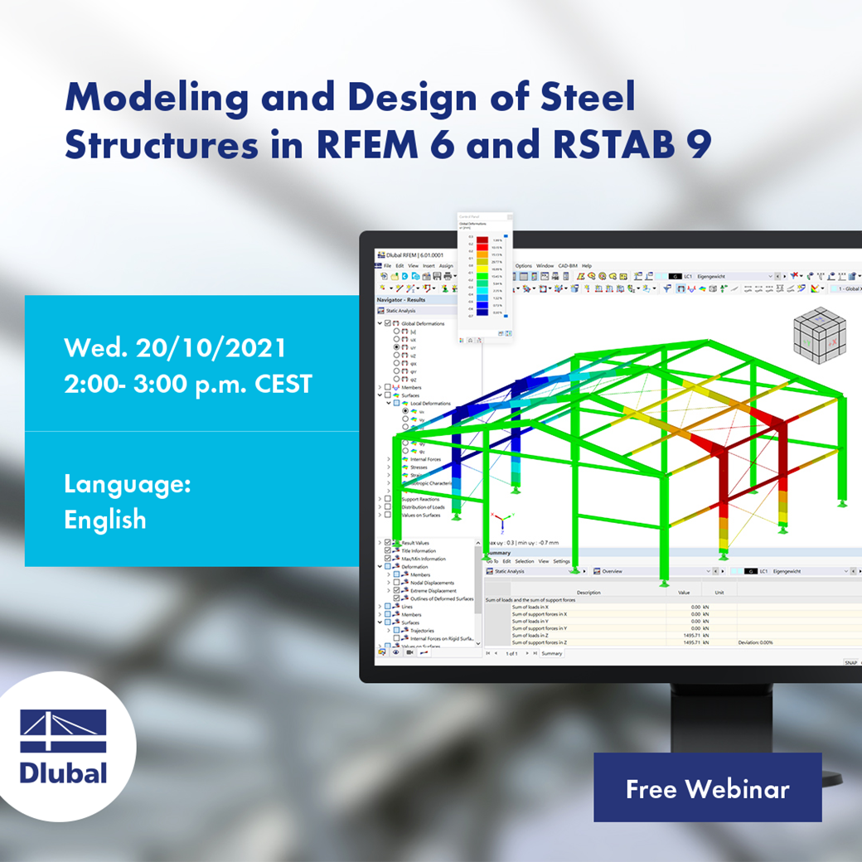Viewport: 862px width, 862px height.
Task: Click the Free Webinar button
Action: point(707,788)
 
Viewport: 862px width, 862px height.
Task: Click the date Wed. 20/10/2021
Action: point(176,346)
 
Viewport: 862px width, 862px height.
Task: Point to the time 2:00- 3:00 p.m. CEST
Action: point(188,384)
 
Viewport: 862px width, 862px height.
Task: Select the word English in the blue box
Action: point(105,520)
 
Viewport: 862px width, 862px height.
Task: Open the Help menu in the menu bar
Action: point(586,266)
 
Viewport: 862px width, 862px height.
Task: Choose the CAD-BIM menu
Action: point(567,266)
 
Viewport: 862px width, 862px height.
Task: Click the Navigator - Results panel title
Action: point(402,299)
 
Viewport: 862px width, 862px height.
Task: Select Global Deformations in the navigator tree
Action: point(423,323)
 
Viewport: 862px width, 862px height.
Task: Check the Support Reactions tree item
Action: point(421,499)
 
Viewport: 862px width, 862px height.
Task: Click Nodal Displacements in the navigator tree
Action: point(433,583)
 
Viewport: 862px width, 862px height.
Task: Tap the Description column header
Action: point(588,593)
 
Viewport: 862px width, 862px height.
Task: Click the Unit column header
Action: point(719,593)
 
